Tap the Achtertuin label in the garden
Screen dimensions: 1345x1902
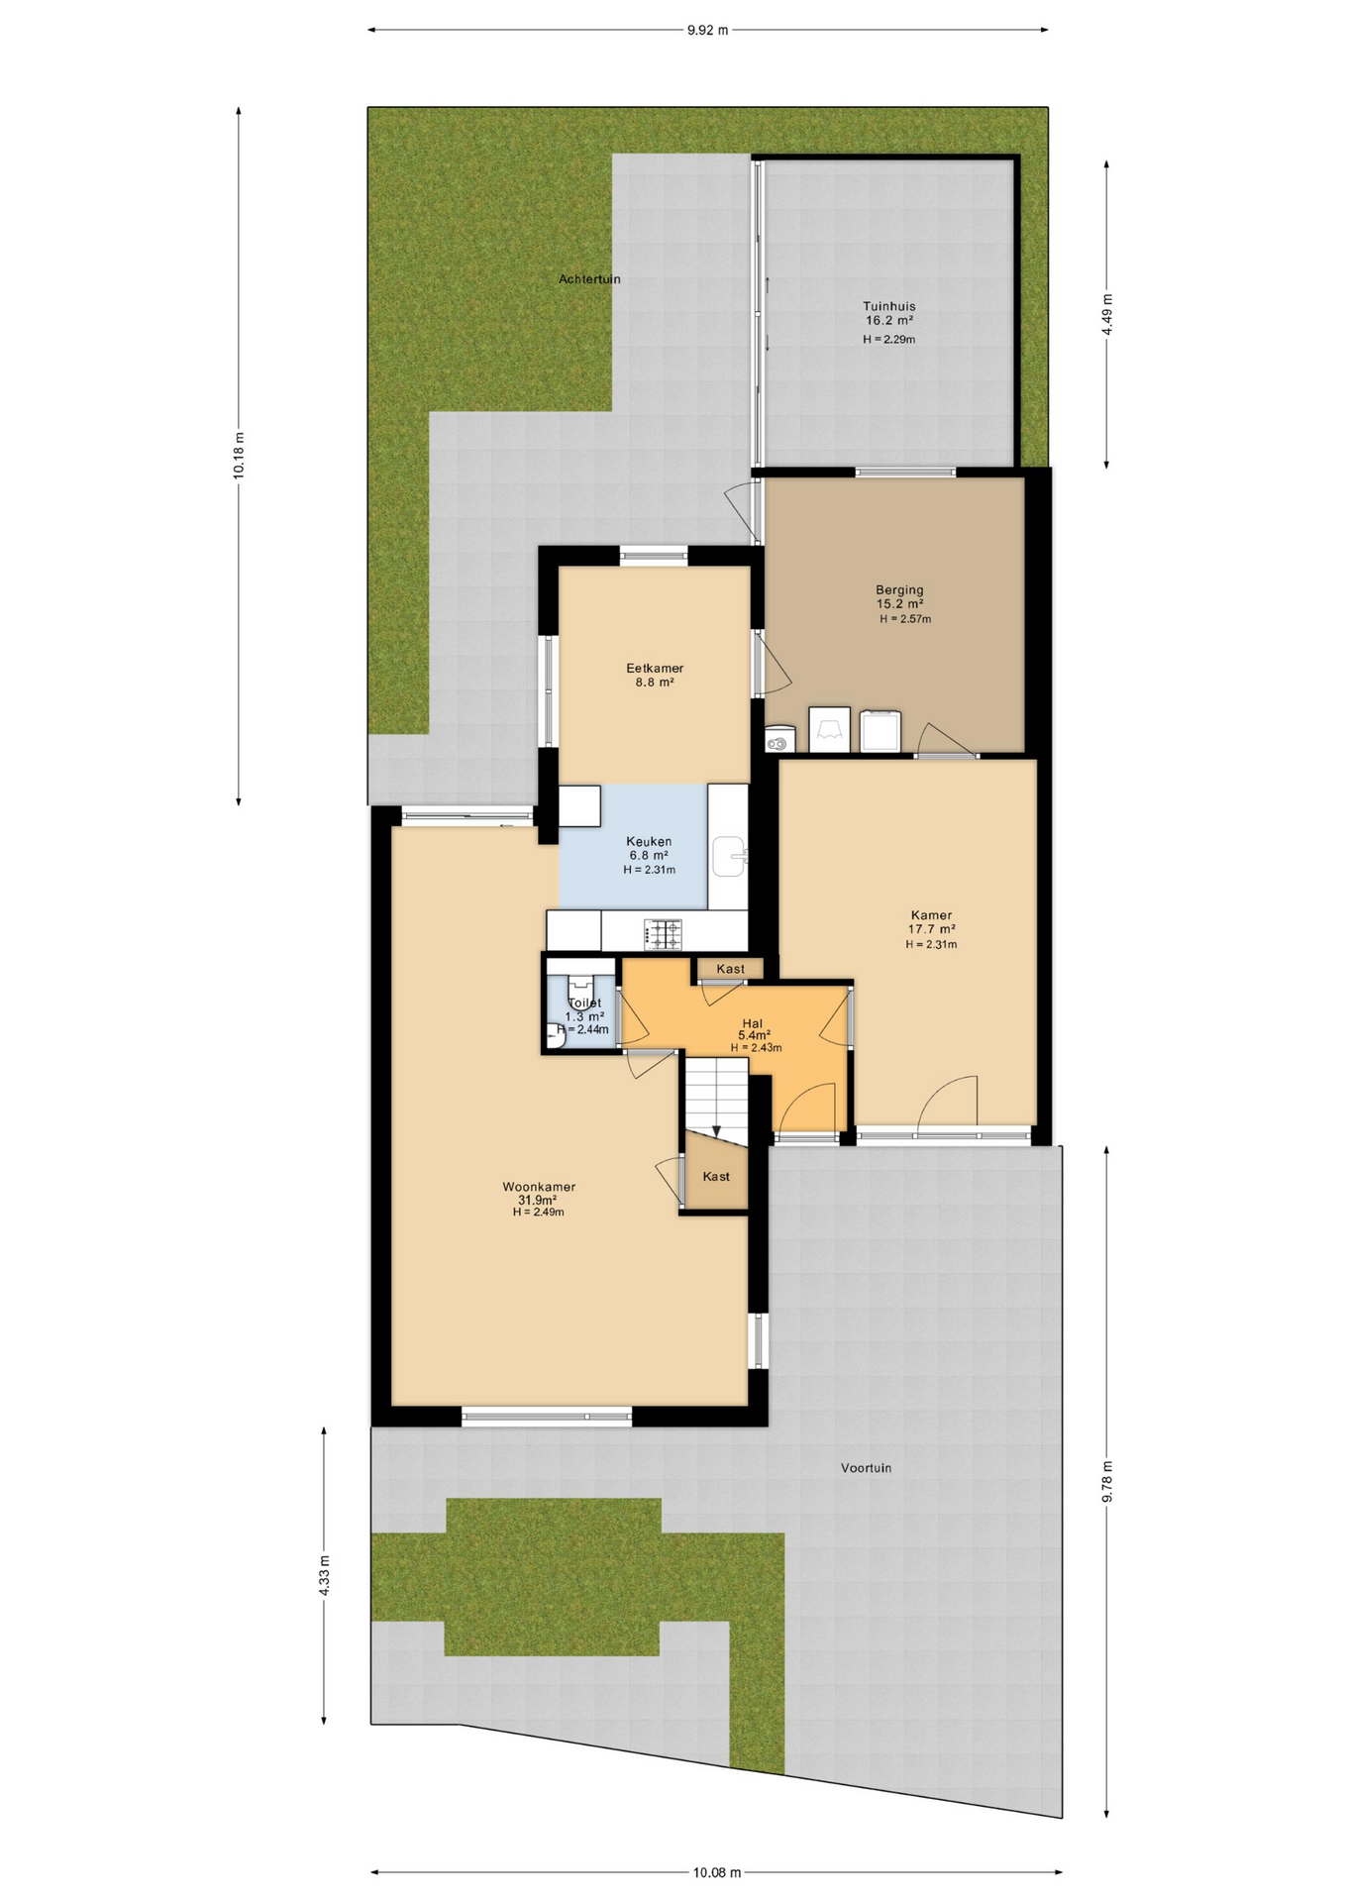tap(589, 279)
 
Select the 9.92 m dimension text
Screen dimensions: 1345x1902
tap(707, 30)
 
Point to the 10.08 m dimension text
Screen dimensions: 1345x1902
tap(716, 1872)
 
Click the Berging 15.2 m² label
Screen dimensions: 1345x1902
tap(899, 596)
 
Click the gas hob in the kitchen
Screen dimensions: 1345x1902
tap(663, 933)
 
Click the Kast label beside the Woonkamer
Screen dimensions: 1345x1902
tap(716, 1177)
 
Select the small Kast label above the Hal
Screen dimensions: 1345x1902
tap(731, 969)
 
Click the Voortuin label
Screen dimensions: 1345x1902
tap(866, 1468)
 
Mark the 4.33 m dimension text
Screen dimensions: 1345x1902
tap(324, 1575)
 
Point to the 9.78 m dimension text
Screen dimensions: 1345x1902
tap(1107, 1482)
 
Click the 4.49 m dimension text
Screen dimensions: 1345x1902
tap(1107, 314)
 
